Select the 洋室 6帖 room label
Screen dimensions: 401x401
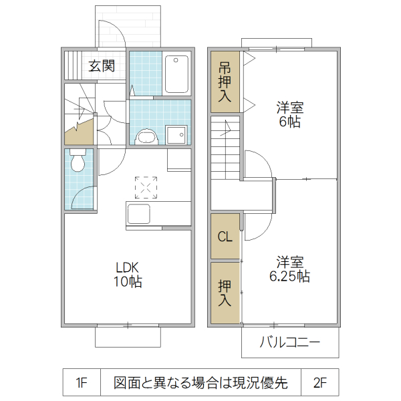[x=290, y=114]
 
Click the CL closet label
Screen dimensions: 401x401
[x=225, y=237]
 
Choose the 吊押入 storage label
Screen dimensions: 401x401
[x=225, y=82]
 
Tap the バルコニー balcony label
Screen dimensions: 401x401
[x=290, y=344]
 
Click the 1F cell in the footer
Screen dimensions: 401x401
[x=82, y=383]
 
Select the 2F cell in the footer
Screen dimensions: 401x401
[x=319, y=383]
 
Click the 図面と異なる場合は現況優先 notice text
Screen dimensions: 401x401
[x=200, y=383]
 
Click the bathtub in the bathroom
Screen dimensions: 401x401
[x=177, y=74]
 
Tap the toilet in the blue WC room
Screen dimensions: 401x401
[x=78, y=161]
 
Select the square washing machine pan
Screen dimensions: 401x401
[x=176, y=134]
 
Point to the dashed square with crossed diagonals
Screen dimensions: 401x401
[x=146, y=188]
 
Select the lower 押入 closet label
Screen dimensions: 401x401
[x=225, y=293]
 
